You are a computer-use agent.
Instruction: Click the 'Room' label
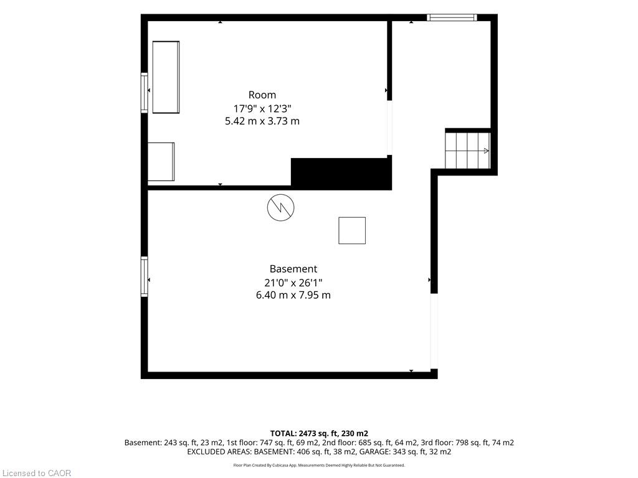pos(262,95)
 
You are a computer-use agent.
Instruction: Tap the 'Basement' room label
pos(293,269)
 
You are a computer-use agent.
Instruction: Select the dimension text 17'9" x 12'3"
pos(262,108)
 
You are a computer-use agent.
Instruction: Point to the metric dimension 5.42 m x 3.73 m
pos(262,121)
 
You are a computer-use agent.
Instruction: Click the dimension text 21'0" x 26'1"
pos(293,283)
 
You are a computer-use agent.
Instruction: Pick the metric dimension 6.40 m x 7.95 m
pos(293,295)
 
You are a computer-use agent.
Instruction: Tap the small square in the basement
pos(352,230)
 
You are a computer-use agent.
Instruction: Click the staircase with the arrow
pos(467,151)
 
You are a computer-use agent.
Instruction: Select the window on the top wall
pos(452,17)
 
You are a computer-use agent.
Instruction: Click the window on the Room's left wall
pos(145,93)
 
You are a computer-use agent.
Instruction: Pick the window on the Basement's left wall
pos(145,276)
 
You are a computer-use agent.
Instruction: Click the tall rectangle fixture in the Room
pos(166,77)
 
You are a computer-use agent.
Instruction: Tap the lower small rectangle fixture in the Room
pos(161,162)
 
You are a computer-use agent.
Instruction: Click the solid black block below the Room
pos(341,174)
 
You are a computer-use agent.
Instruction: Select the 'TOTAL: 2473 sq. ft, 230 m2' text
pos(319,433)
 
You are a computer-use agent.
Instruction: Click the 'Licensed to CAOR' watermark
pos(37,473)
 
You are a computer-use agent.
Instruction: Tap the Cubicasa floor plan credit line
pos(319,465)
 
